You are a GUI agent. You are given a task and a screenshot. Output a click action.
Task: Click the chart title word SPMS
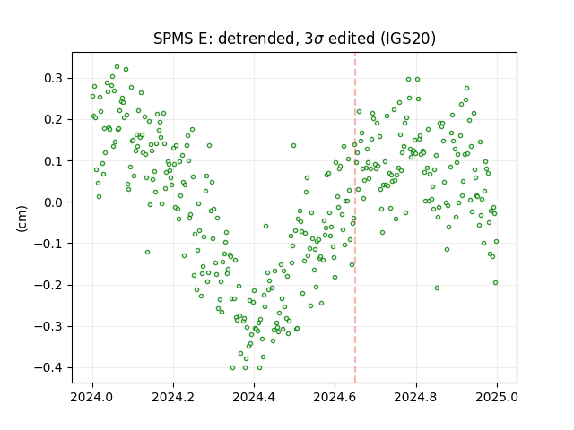click(x=173, y=39)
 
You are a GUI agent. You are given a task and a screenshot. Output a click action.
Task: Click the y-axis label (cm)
click(x=22, y=219)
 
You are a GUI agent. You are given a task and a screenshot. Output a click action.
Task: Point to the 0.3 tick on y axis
click(x=54, y=79)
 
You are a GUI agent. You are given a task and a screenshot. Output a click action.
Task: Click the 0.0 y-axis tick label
click(x=54, y=202)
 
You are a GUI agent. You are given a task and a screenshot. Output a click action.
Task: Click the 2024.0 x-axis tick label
click(x=92, y=397)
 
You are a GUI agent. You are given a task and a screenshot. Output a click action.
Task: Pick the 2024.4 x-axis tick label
click(x=254, y=397)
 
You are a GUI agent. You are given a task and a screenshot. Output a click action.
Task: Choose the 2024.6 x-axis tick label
click(x=335, y=397)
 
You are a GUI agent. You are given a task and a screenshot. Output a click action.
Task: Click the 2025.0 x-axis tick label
click(x=497, y=397)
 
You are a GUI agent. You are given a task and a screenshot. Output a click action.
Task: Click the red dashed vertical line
click(x=355, y=218)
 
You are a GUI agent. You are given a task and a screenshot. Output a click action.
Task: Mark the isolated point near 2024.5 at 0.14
click(x=293, y=145)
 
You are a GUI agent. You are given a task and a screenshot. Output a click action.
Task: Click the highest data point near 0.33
click(x=117, y=67)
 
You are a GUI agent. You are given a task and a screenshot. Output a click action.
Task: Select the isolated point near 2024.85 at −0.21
click(x=437, y=288)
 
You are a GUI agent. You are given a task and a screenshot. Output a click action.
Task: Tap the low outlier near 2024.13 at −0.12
click(x=147, y=253)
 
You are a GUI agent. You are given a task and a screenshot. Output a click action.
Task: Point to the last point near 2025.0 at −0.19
click(x=496, y=283)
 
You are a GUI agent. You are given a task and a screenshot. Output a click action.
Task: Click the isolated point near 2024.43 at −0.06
click(x=265, y=227)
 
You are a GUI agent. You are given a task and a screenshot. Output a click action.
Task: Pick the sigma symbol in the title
click(x=319, y=39)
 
